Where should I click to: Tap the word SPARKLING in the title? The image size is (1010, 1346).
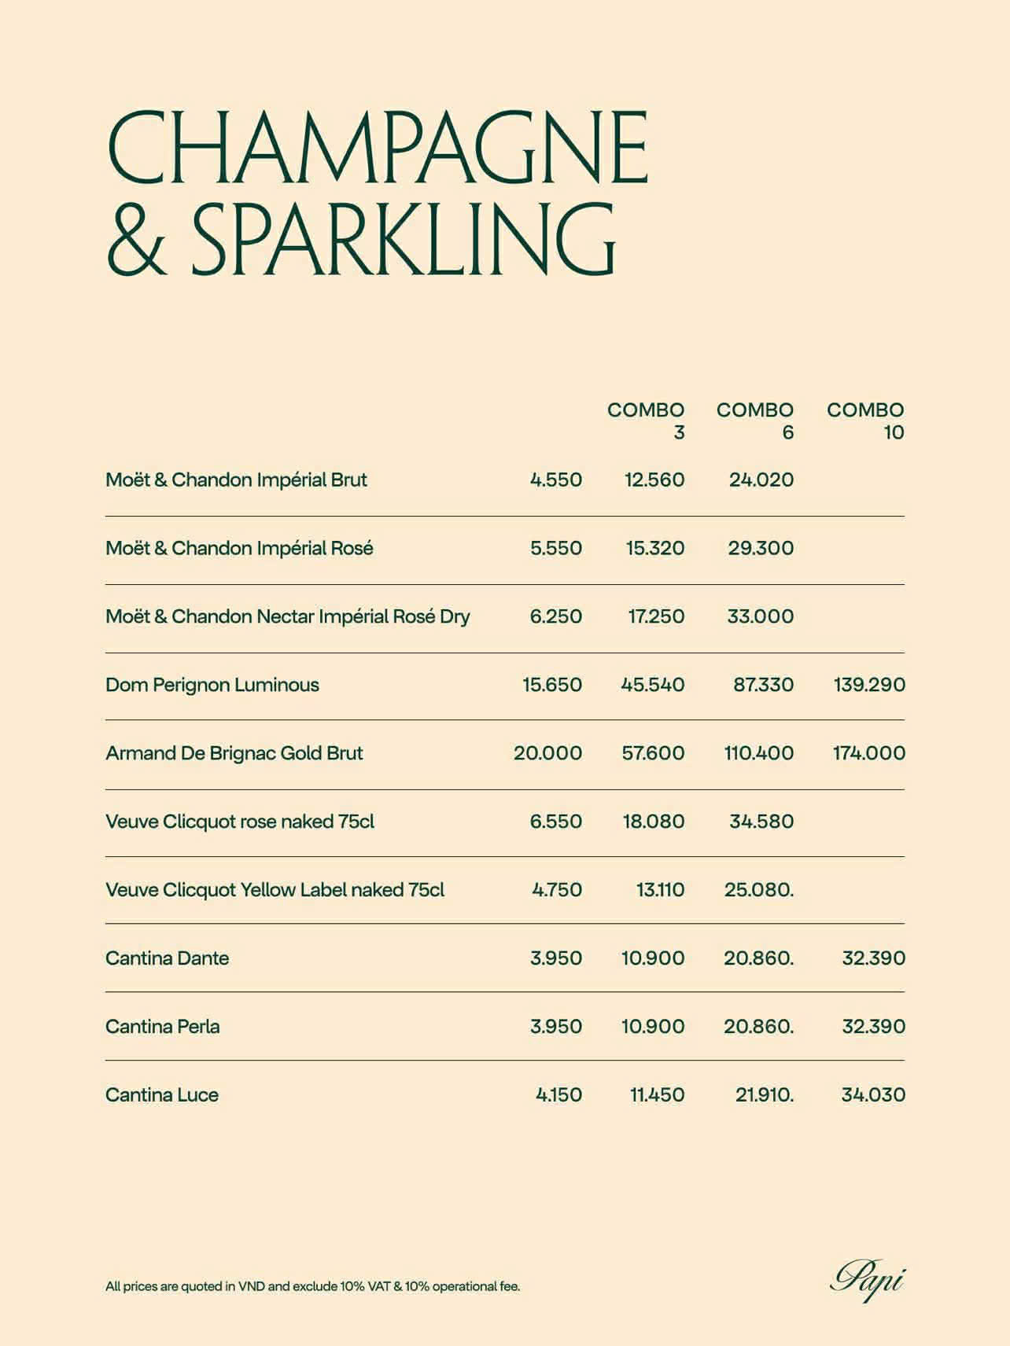coord(403,237)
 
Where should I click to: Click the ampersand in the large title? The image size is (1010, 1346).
coord(137,239)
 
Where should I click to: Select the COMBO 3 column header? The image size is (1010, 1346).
coord(646,421)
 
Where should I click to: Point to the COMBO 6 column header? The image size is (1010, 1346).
coord(755,421)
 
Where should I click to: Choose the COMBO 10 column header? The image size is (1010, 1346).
coord(865,421)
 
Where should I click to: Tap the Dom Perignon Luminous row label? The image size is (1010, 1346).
coord(212,685)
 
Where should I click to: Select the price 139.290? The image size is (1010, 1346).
coord(869,685)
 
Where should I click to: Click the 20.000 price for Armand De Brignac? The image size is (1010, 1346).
coord(547,753)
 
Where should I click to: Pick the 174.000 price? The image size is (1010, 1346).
coord(869,753)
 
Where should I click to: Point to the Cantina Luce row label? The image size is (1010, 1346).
coord(162,1094)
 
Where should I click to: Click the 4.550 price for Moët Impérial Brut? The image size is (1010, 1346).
coord(556,480)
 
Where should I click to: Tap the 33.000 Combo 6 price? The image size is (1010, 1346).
coord(760,616)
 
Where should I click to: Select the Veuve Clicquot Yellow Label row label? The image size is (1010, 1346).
coord(275,890)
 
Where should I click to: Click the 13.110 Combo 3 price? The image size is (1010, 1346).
coord(660,890)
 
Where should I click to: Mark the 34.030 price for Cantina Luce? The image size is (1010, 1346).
coord(873,1094)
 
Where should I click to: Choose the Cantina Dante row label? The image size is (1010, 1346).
coord(167,958)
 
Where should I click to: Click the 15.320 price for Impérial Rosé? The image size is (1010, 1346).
coord(654,548)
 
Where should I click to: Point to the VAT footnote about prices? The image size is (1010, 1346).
coord(312,1287)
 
